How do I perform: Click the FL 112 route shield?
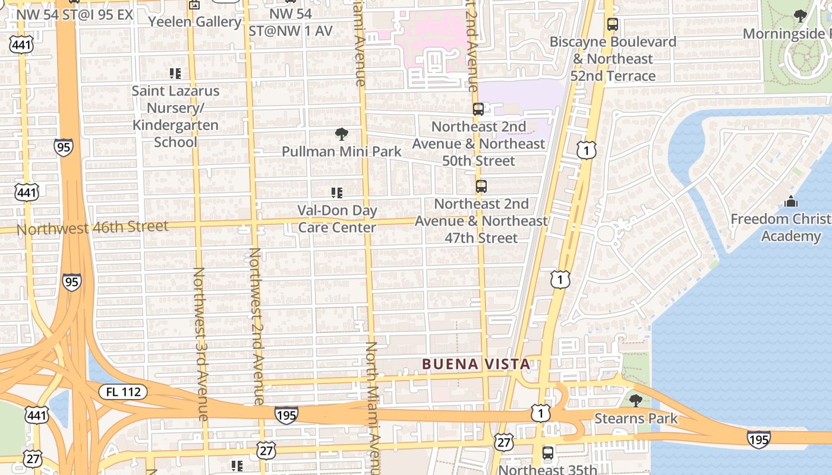coord(123,391)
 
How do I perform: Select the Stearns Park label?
coord(636,419)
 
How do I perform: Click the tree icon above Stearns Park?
coord(636,400)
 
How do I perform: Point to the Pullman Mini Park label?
coord(342,151)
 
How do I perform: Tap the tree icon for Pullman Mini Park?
coord(342,134)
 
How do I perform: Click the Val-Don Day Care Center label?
coord(337,218)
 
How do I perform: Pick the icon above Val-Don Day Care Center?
coord(337,192)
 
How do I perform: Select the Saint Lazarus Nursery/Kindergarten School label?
coord(175,116)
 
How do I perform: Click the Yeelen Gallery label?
coord(195,22)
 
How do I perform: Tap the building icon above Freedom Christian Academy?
coord(791,202)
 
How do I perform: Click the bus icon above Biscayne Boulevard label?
coord(613,25)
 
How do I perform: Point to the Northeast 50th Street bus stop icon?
coord(478,109)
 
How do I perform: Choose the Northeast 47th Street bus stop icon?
coord(481,186)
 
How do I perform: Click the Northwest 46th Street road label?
coord(93,227)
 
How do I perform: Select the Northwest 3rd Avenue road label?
coord(199,344)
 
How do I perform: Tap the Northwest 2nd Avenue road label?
coord(256,327)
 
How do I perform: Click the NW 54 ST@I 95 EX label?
coord(74,14)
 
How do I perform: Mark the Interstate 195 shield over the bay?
coord(758,439)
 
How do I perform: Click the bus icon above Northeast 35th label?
coord(548,453)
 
